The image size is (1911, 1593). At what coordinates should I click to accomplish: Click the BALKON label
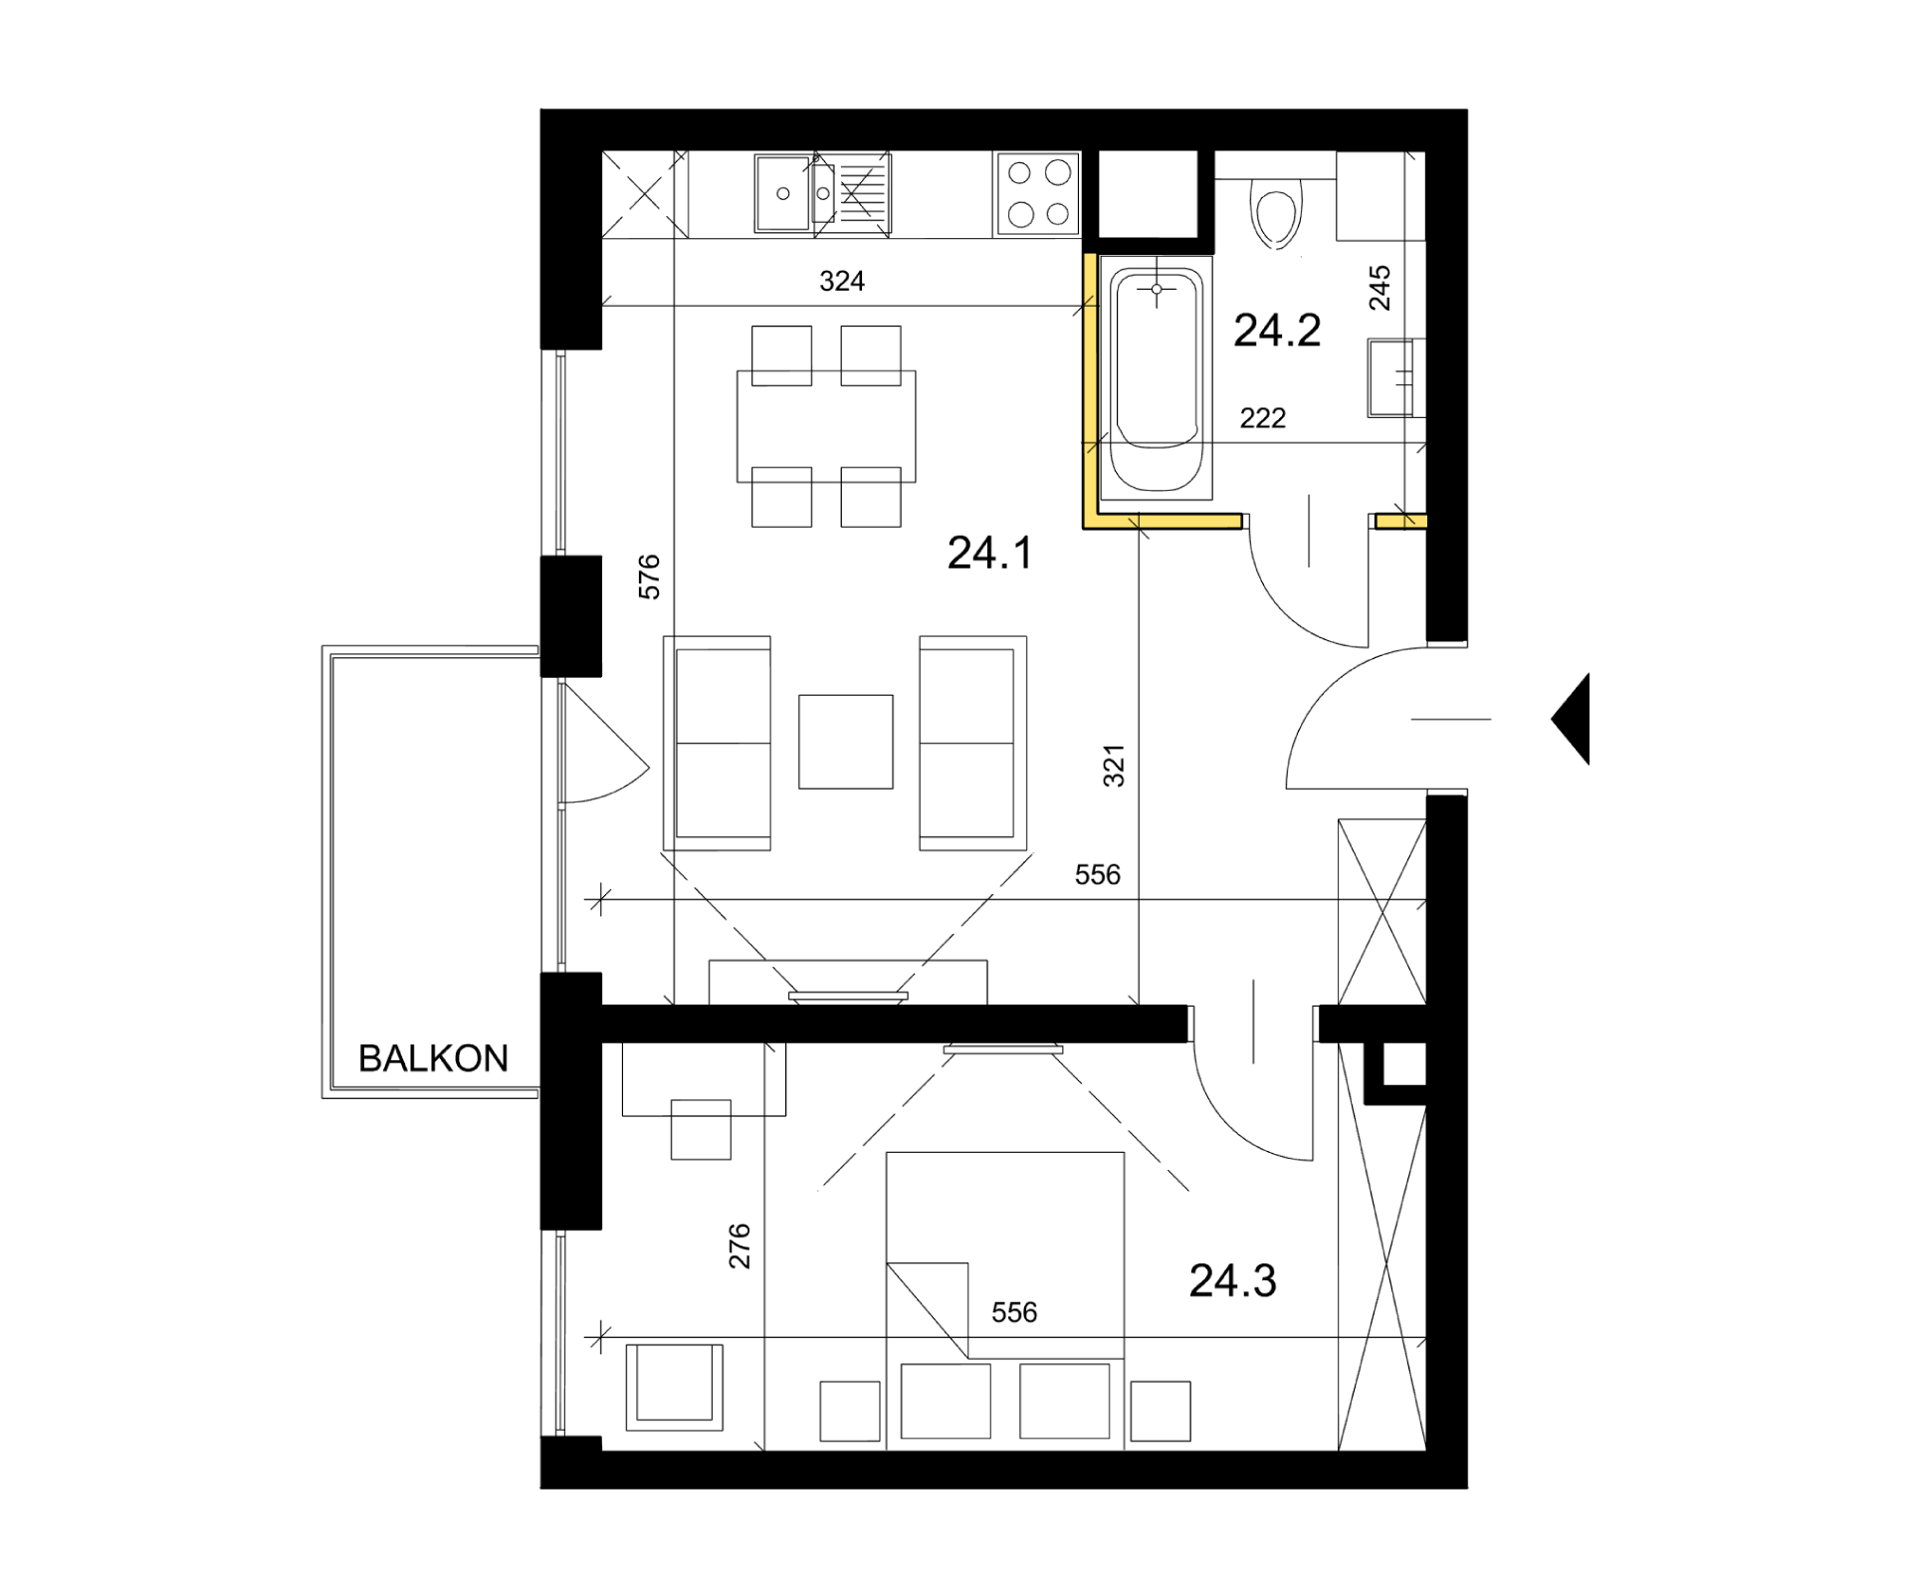pos(433,1058)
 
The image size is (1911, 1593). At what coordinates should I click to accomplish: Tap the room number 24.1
pos(989,553)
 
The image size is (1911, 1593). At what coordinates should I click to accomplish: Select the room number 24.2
pos(1277,331)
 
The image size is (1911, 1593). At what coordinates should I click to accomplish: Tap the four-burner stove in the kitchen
pos(1037,195)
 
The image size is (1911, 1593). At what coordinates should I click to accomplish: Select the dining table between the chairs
pos(826,426)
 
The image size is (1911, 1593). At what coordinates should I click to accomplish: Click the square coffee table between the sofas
pos(846,742)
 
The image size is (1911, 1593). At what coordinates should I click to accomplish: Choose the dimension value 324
pos(842,282)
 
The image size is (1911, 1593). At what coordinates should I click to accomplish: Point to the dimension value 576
pos(649,577)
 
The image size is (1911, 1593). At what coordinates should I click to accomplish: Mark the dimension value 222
pos(1263,418)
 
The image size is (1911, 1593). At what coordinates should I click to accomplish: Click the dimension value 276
pos(740,1246)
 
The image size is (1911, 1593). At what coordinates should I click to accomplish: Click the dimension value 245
pos(1380,288)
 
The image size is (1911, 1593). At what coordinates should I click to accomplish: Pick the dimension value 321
pos(1114,766)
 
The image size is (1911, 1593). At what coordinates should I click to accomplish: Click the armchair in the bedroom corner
pos(674,1387)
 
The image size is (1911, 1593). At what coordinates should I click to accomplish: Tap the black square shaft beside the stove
pos(1148,194)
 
